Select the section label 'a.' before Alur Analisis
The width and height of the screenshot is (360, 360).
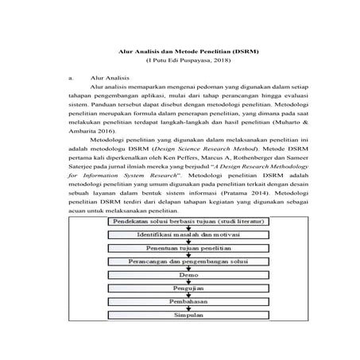(72, 79)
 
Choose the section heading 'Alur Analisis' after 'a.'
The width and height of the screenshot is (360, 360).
(109, 79)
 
